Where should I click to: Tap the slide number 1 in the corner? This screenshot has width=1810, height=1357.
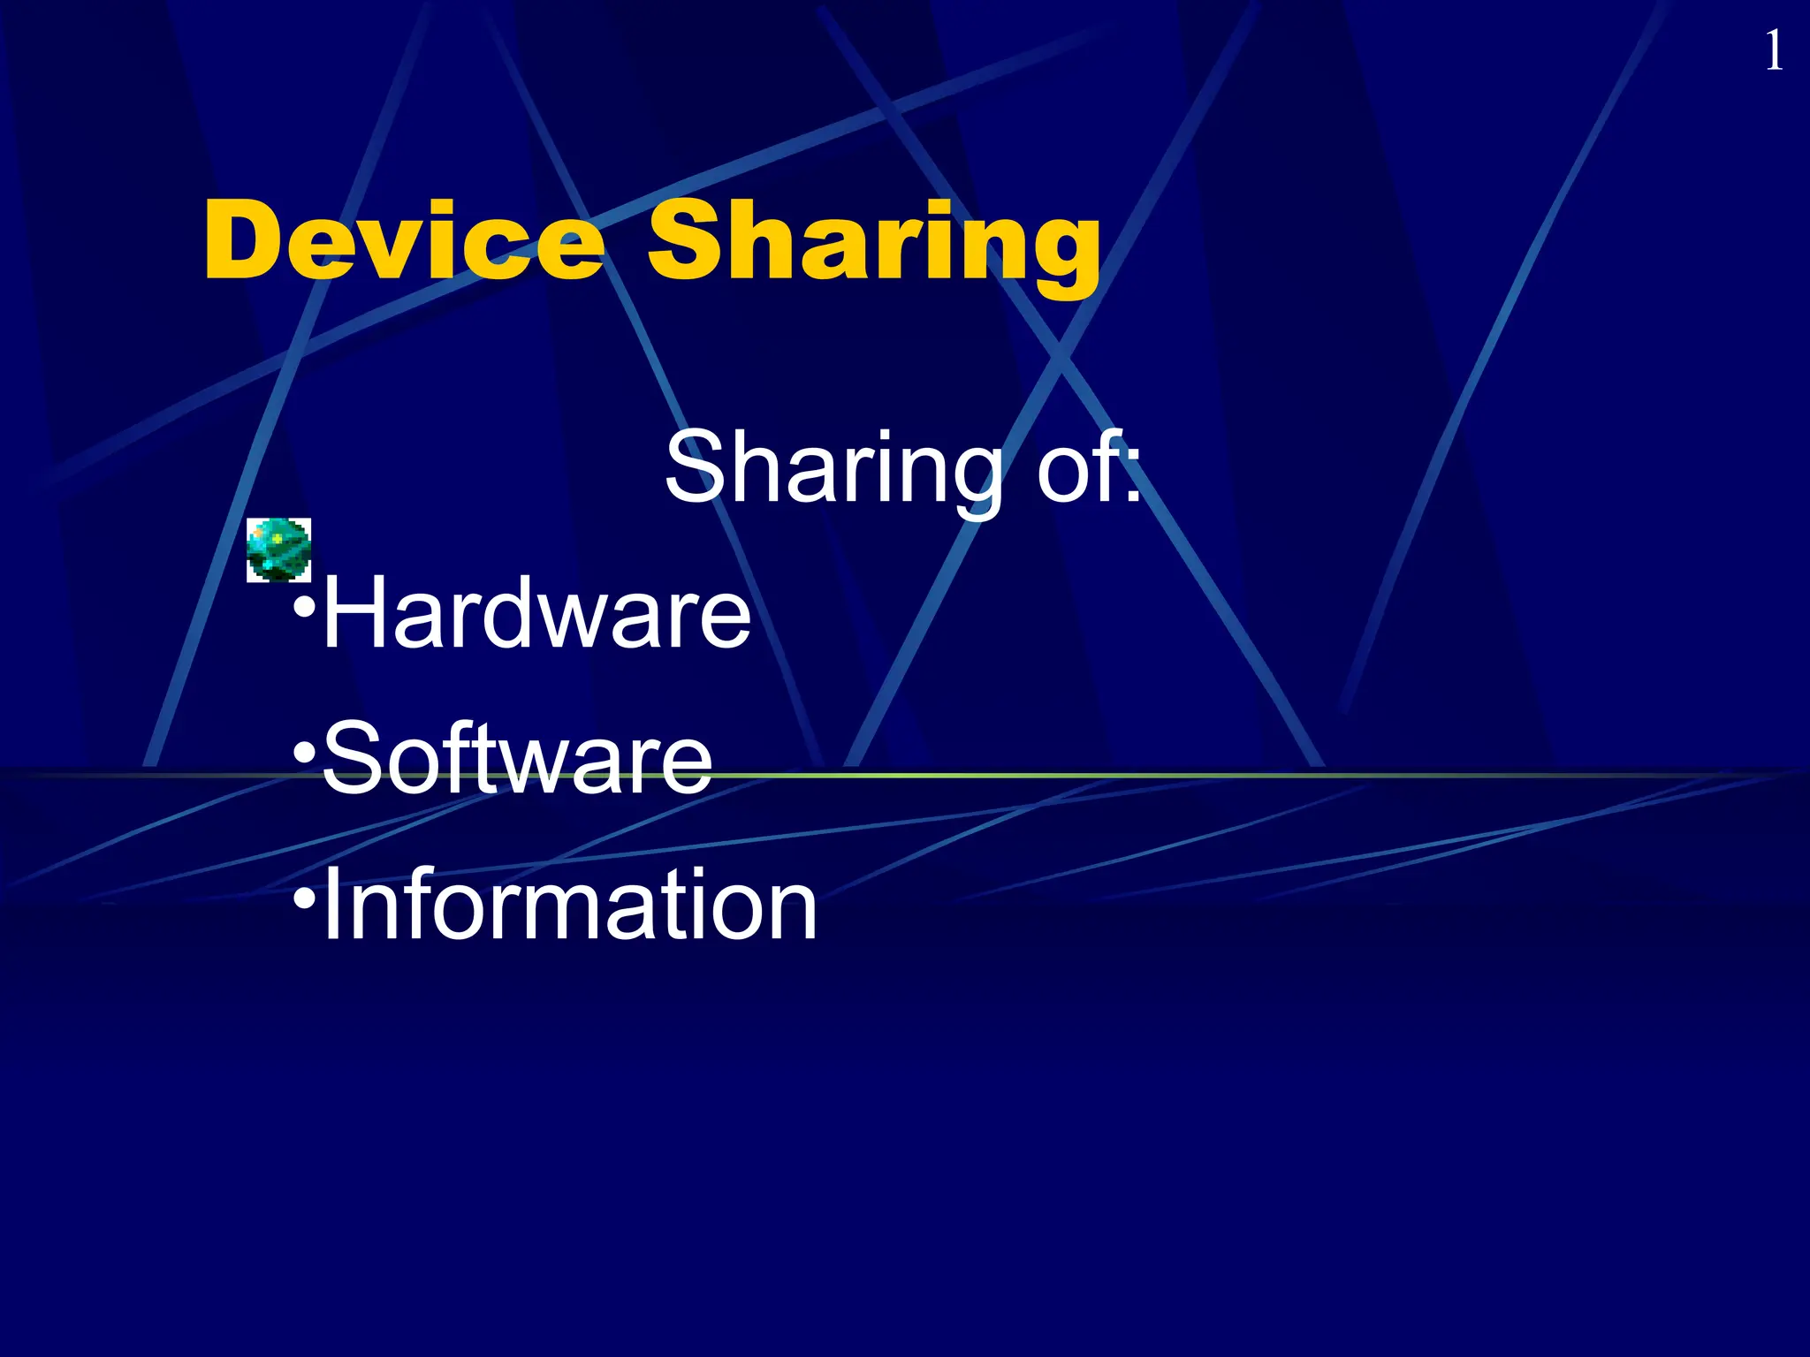pyautogui.click(x=1773, y=51)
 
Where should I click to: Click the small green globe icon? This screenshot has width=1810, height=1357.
pyautogui.click(x=278, y=550)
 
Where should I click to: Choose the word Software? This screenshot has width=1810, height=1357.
pyautogui.click(x=517, y=758)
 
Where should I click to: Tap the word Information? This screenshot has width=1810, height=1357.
pyautogui.click(x=570, y=905)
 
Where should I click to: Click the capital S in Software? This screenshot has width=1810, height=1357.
pyautogui.click(x=352, y=758)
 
